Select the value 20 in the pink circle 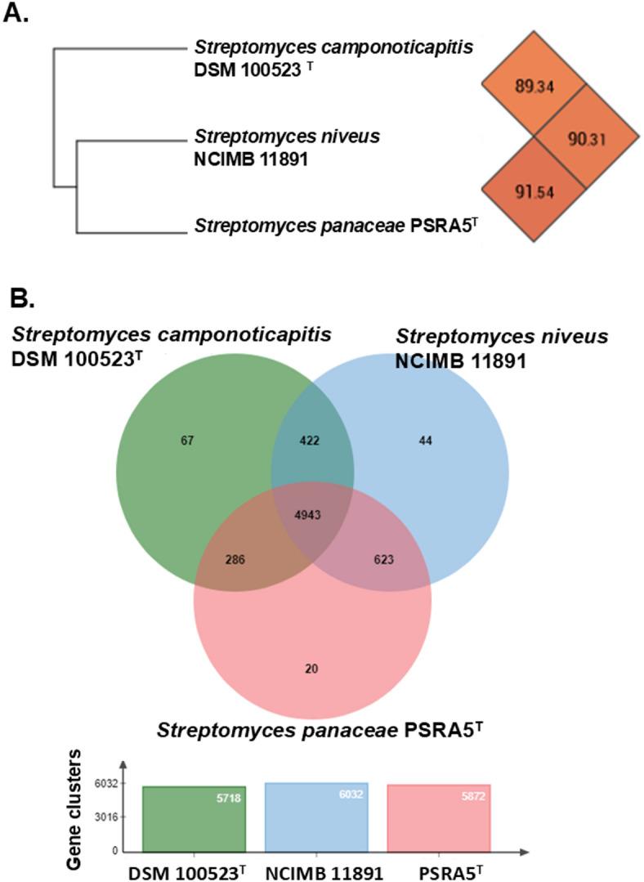pos(311,669)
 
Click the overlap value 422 pos(310,441)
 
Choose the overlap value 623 pos(383,560)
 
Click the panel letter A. pos(16,16)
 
